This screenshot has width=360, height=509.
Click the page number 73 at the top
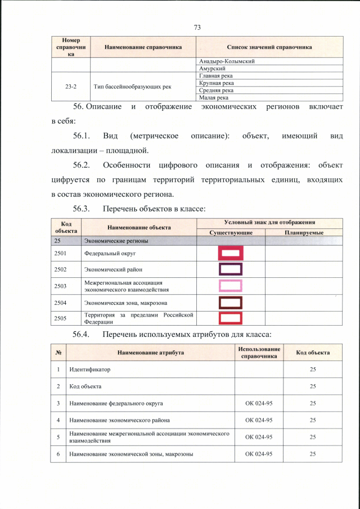tap(197, 27)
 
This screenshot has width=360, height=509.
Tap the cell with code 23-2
tap(71, 87)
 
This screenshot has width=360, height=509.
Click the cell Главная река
tap(216, 75)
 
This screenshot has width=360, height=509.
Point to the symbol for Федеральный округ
tap(230, 254)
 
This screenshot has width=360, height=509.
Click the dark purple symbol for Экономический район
tap(230, 269)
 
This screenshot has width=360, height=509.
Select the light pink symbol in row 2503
tap(230, 286)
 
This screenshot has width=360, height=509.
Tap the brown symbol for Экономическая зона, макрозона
tap(230, 303)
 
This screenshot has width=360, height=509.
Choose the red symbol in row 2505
tap(230, 318)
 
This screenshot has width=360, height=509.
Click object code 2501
tap(61, 254)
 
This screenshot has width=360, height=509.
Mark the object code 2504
tap(61, 303)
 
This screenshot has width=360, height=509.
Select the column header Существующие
tap(231, 232)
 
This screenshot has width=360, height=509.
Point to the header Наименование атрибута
tap(151, 353)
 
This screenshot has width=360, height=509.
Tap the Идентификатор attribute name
tap(90, 370)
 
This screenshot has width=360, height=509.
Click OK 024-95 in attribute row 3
tap(259, 403)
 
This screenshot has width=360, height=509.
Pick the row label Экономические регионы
tap(116, 241)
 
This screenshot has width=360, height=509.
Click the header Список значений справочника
tap(269, 47)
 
